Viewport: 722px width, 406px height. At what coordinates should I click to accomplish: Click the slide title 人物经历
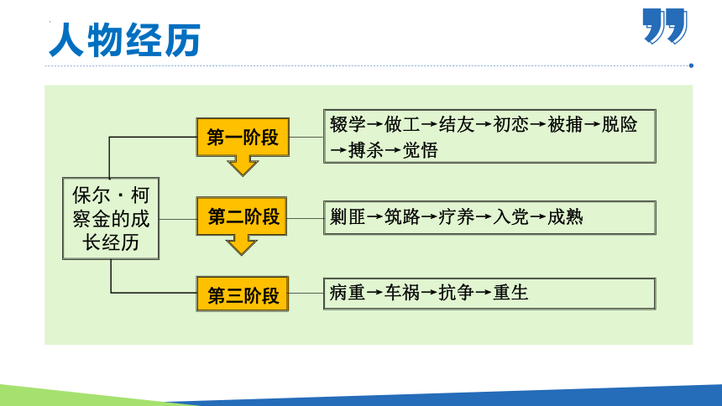[123, 39]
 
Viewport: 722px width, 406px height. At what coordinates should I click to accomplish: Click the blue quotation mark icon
[665, 26]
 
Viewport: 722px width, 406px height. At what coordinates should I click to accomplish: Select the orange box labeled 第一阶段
[243, 137]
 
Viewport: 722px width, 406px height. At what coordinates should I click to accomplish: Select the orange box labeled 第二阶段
[243, 216]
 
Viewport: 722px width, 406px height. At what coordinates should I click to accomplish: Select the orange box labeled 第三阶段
[243, 294]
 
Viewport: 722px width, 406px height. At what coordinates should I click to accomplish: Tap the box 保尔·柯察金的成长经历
[110, 218]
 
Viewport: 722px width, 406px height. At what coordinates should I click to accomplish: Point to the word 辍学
[348, 125]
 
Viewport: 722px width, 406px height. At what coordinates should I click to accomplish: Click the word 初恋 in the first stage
[510, 125]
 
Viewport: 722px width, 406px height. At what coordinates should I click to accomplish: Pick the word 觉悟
[420, 150]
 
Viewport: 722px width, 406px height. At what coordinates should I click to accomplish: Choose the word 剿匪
[348, 216]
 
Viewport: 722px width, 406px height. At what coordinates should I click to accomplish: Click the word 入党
[510, 216]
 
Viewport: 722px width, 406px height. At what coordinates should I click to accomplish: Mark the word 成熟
[565, 216]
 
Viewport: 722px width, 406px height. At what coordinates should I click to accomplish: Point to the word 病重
[348, 293]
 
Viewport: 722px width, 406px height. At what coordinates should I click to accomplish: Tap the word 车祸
[402, 293]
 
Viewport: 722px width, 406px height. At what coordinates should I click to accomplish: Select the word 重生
[510, 293]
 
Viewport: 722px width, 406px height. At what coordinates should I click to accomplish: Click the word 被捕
[565, 125]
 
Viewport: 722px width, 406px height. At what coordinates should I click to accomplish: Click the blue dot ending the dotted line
[691, 65]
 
